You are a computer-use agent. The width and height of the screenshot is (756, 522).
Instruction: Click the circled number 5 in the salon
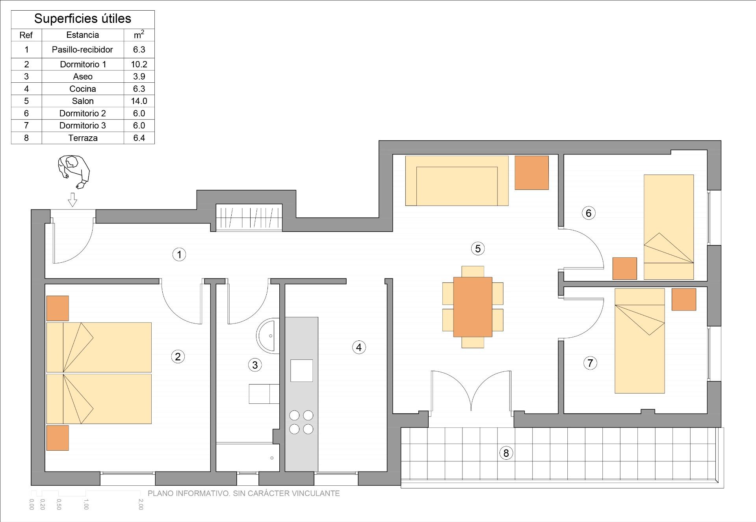point(477,249)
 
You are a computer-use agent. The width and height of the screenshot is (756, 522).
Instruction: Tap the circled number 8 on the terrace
point(506,453)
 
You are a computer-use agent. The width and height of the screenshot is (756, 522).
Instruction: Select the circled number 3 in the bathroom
point(255,365)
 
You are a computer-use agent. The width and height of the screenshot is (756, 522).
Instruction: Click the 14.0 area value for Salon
point(139,101)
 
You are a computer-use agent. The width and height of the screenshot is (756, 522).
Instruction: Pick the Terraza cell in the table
point(83,138)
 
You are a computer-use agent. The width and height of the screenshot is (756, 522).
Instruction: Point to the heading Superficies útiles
point(83,19)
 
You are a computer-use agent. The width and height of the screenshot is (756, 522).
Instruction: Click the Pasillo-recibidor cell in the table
point(82,50)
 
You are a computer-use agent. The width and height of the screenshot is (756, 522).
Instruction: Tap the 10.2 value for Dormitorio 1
point(139,64)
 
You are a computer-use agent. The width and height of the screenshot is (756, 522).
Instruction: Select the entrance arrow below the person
point(72,200)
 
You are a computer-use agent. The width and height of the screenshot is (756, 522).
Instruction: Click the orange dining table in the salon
point(473,307)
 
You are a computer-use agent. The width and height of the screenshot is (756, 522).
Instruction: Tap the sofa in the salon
point(457,181)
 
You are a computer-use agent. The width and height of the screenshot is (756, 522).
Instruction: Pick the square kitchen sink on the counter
point(302,370)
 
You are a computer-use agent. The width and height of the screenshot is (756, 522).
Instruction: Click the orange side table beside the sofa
point(532,173)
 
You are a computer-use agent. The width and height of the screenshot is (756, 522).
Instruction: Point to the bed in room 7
point(640,341)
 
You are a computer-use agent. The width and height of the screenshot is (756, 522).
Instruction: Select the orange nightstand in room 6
point(625,269)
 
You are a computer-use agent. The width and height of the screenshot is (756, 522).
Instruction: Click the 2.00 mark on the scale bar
point(141,505)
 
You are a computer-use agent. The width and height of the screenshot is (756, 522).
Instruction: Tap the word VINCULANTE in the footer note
point(316,493)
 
